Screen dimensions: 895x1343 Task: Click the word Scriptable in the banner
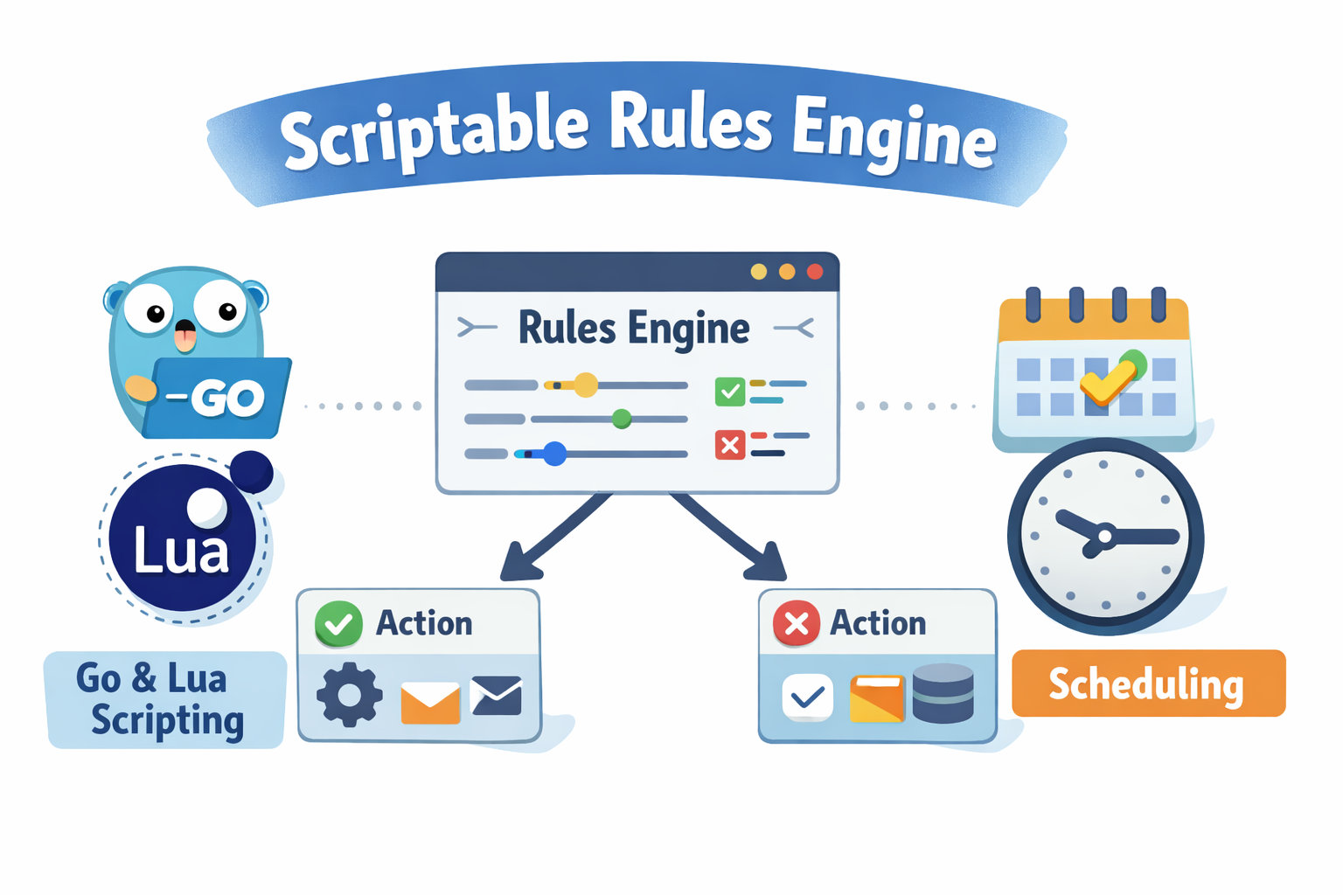(x=434, y=131)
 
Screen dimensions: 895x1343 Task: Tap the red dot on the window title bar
(x=815, y=272)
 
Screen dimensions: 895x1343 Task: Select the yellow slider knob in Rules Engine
(x=585, y=385)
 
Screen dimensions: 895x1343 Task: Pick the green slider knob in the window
(x=622, y=420)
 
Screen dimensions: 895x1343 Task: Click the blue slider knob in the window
(x=554, y=454)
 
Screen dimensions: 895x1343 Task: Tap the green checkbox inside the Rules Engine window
(x=729, y=391)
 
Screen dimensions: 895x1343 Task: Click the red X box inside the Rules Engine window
(x=729, y=445)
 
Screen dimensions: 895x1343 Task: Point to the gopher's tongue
(x=185, y=337)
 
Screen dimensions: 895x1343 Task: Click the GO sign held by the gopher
(x=219, y=398)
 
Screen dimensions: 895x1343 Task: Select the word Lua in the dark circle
(x=181, y=551)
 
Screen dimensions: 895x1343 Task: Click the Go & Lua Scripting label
(x=164, y=699)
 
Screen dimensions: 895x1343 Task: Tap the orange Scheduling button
(x=1147, y=683)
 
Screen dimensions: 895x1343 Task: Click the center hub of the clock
(x=1105, y=536)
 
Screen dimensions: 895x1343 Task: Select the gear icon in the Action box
(x=350, y=695)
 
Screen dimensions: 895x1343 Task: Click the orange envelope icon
(x=430, y=702)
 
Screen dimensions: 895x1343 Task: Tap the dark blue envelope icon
(x=496, y=696)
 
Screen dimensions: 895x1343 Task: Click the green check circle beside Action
(x=338, y=623)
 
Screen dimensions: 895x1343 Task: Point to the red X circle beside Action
(x=796, y=623)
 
